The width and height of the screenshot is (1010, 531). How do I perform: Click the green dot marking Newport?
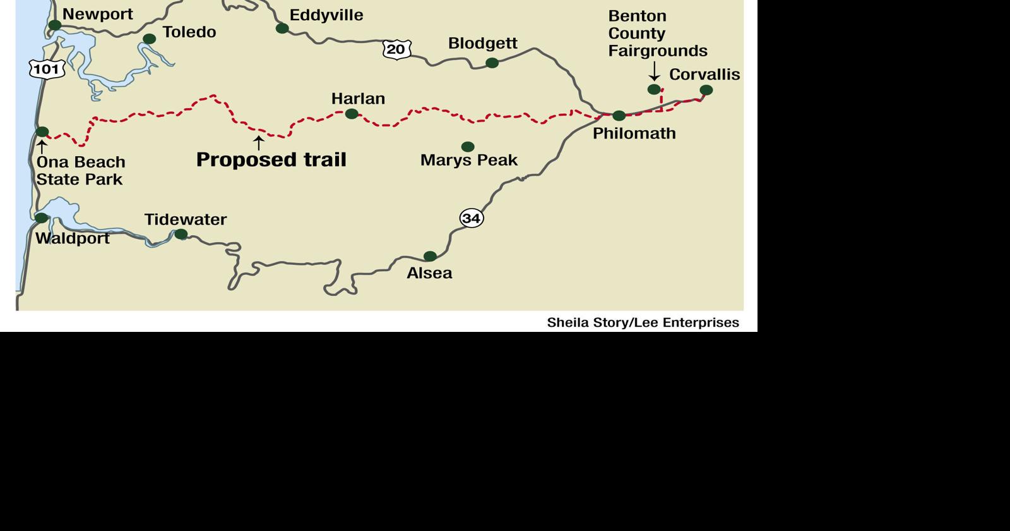point(55,25)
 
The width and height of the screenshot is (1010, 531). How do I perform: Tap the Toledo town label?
point(189,32)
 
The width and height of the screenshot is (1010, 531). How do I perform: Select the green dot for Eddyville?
point(282,28)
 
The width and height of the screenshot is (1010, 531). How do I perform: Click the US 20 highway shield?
point(396,49)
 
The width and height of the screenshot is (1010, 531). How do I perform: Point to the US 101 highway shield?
point(47,68)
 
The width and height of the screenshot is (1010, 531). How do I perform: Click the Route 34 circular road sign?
point(471,218)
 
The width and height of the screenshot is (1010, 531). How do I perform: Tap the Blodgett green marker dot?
point(492,63)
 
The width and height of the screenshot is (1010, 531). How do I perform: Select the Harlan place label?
point(358,99)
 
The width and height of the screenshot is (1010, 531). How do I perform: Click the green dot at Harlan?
point(352,114)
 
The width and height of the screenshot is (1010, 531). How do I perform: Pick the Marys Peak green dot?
point(468,147)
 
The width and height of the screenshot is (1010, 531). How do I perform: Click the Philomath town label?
point(634,133)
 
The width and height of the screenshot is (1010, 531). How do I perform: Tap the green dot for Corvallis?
point(706,90)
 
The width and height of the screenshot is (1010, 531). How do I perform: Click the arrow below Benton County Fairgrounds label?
point(654,70)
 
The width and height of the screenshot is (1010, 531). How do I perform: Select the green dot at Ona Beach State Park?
point(42,131)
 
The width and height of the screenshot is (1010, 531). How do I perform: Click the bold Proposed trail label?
point(271,159)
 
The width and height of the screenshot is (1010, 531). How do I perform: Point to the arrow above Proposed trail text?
point(258,143)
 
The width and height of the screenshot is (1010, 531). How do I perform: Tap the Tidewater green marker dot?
point(181,235)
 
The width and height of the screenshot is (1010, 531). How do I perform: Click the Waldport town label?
point(72,238)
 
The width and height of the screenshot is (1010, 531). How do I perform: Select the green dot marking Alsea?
point(430,256)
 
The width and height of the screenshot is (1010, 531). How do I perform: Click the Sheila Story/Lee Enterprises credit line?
point(643,322)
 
